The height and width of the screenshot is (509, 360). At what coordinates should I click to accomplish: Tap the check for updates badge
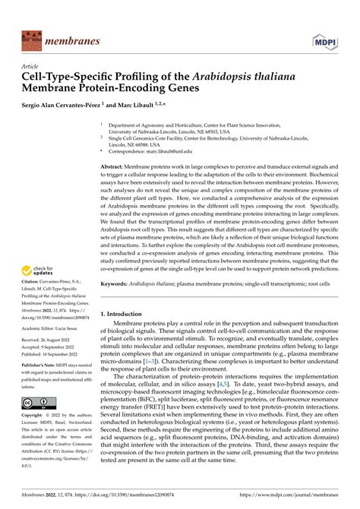point(39,271)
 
